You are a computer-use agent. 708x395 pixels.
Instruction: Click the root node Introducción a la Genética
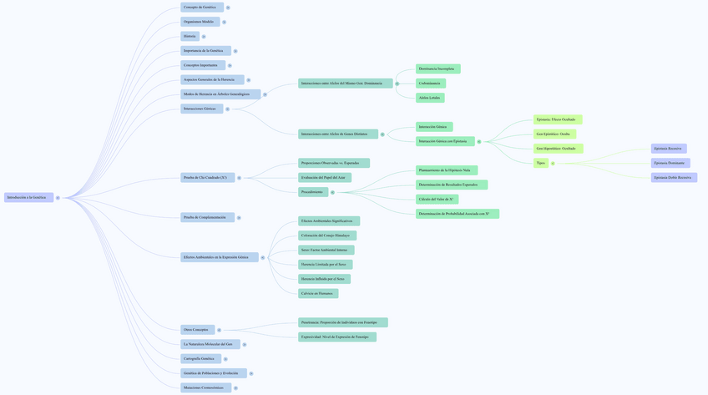pos(28,198)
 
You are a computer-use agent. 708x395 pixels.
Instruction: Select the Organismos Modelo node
pos(200,22)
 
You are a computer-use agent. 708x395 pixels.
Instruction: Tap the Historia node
pos(190,37)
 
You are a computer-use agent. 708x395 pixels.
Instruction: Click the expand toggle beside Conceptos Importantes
pos(230,65)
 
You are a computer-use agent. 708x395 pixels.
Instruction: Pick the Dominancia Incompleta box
pos(437,68)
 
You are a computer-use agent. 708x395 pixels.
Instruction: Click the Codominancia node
pos(430,84)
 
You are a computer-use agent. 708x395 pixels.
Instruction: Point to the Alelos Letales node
pos(429,98)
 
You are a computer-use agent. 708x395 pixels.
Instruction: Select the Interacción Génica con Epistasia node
pos(444,141)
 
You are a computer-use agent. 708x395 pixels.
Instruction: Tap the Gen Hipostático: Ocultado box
pos(557,149)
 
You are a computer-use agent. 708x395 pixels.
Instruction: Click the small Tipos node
pos(541,163)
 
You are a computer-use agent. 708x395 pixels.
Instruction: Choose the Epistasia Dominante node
pos(670,163)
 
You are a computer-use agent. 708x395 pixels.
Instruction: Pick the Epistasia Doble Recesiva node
pos(673,178)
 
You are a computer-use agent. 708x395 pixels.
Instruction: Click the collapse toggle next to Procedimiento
pos(332,192)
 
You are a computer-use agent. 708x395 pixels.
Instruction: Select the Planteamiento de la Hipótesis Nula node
pos(446,170)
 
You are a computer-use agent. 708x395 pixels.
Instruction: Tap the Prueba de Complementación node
pos(206,217)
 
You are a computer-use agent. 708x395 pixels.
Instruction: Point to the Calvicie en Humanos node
pos(317,293)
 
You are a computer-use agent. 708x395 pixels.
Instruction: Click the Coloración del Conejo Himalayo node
pos(326,235)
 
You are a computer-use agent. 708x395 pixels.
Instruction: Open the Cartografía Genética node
pos(200,359)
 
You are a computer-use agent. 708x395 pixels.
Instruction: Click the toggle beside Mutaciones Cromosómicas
pos(235,388)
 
